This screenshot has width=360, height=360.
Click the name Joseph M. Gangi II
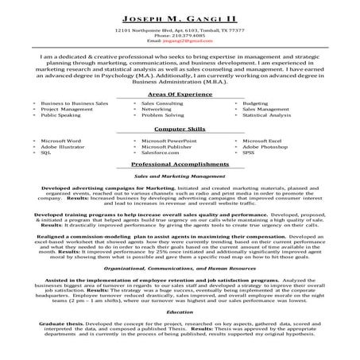click(180, 17)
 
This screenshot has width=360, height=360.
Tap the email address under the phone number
click(180, 41)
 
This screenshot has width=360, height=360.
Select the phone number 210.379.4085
click(180, 36)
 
